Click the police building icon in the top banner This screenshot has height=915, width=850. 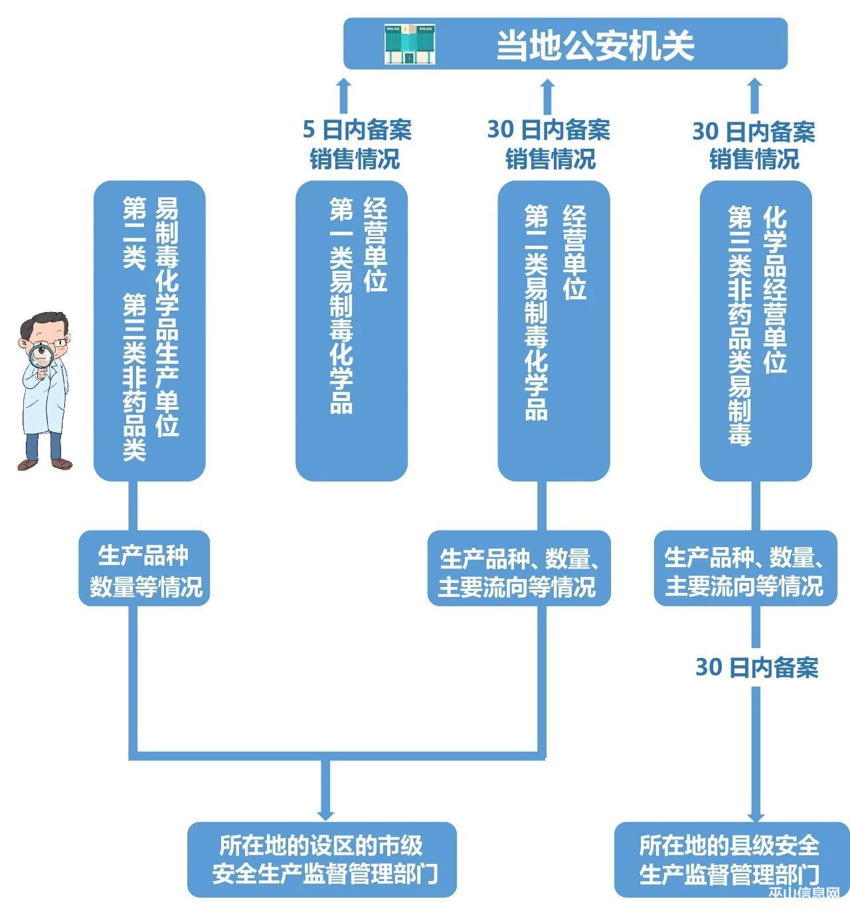[410, 44]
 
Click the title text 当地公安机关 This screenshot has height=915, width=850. [595, 45]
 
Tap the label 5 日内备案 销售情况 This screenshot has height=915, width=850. [357, 144]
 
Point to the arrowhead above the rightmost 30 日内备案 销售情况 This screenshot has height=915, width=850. [754, 85]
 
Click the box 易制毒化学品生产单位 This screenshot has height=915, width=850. [149, 330]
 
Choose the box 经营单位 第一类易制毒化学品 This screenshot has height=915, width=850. [351, 330]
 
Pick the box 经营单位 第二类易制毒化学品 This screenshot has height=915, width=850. [554, 330]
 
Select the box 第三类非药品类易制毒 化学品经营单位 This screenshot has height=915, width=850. [756, 330]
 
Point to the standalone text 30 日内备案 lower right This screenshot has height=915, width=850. [756, 667]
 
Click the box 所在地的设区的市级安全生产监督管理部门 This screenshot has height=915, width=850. [322, 860]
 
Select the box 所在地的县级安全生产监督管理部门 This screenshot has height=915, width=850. [730, 860]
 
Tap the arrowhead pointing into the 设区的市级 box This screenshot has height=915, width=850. [325, 813]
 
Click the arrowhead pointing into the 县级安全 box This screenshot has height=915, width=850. [756, 814]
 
